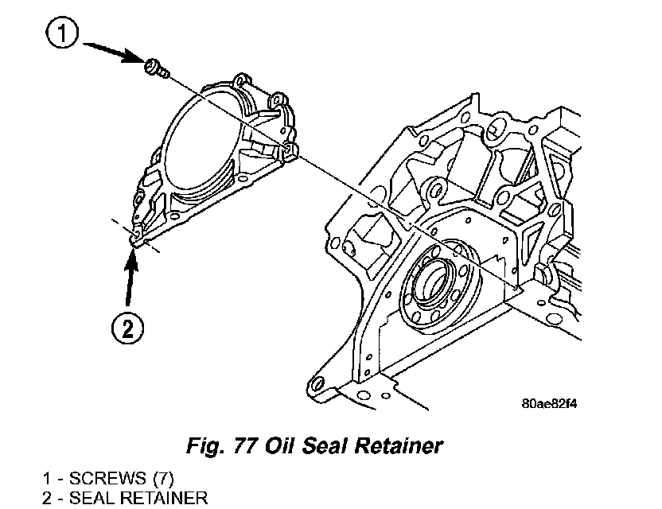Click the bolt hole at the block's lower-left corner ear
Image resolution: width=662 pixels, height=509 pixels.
(320, 386)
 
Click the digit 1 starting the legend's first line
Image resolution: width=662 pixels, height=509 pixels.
(48, 479)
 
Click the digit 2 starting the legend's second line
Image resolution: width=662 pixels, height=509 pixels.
(48, 499)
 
